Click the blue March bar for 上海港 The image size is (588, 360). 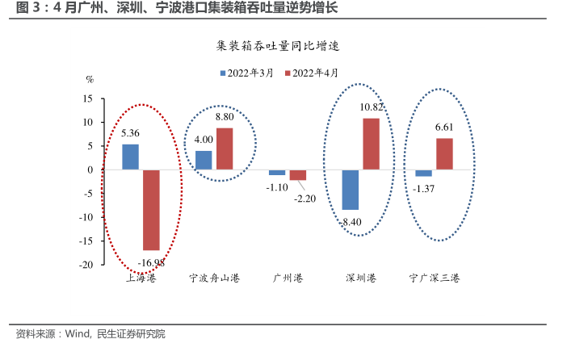[x=130, y=157]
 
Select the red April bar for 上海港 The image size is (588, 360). [x=151, y=210]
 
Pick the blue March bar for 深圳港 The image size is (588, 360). [x=351, y=190]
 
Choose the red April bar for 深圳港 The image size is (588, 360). [x=372, y=144]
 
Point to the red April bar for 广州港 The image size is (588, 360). [x=298, y=174]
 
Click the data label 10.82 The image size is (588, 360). [x=372, y=107]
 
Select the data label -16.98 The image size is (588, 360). [x=151, y=262]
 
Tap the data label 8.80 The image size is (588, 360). [x=224, y=117]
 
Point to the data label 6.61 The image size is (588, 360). [x=445, y=128]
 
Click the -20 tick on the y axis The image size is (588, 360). [x=85, y=265]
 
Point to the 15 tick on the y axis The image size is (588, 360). [x=87, y=98]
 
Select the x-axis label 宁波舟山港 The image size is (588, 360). [x=214, y=279]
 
